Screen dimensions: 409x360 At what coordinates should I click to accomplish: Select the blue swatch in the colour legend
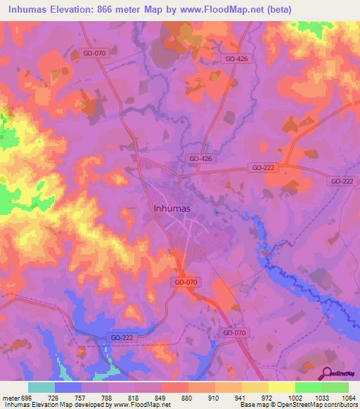click(x=68, y=387)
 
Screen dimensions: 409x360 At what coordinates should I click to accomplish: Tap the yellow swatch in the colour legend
click(x=281, y=387)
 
